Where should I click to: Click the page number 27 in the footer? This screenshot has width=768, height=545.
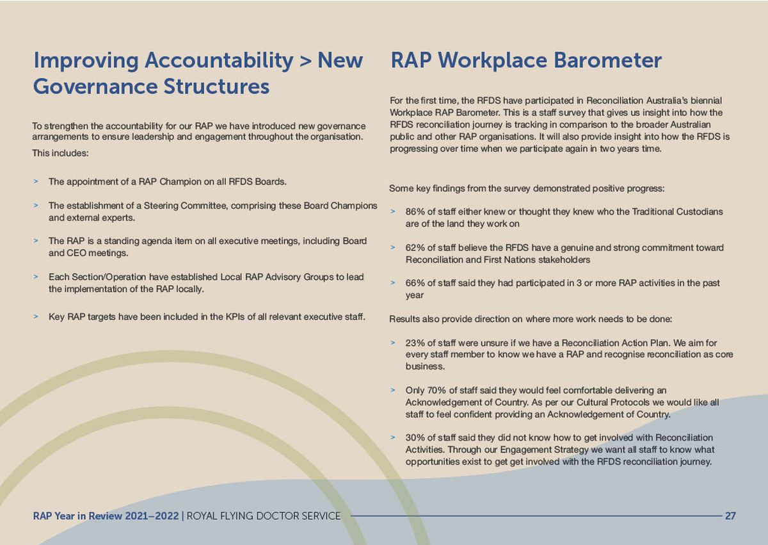click(730, 516)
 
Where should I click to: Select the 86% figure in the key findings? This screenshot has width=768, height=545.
click(415, 211)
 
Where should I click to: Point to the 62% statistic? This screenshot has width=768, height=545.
click(415, 248)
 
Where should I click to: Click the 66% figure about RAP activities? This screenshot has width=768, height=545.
click(415, 284)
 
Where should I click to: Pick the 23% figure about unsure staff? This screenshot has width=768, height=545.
click(415, 343)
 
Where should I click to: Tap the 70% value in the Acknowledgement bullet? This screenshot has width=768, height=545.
click(436, 390)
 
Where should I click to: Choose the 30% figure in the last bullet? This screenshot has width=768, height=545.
click(415, 437)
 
